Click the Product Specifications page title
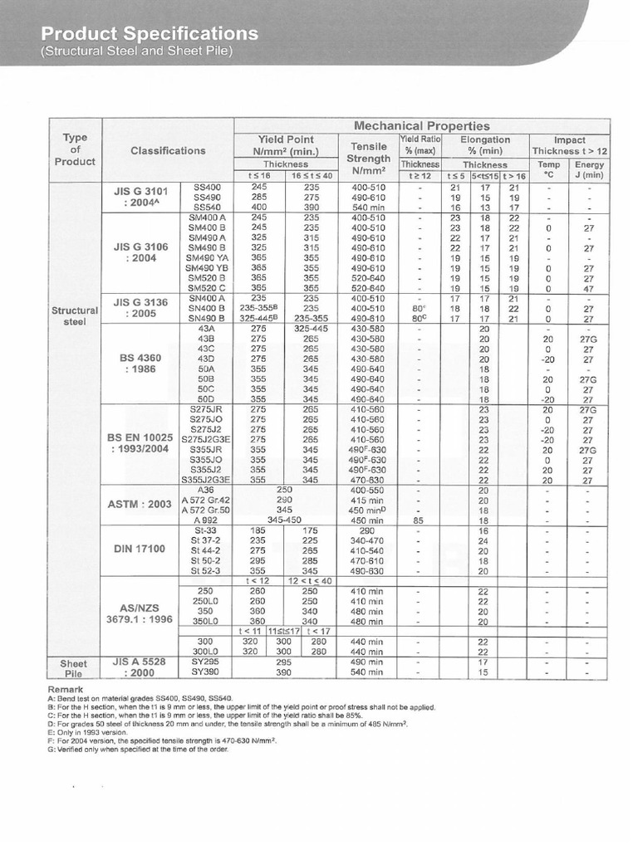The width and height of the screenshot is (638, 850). click(x=150, y=34)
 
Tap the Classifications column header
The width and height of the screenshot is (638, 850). click(x=168, y=150)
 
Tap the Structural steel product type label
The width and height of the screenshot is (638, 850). click(x=75, y=315)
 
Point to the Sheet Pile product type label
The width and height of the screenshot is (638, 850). click(x=75, y=668)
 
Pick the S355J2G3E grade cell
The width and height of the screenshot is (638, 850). click(x=207, y=480)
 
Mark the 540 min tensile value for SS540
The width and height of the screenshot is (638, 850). click(x=366, y=207)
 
